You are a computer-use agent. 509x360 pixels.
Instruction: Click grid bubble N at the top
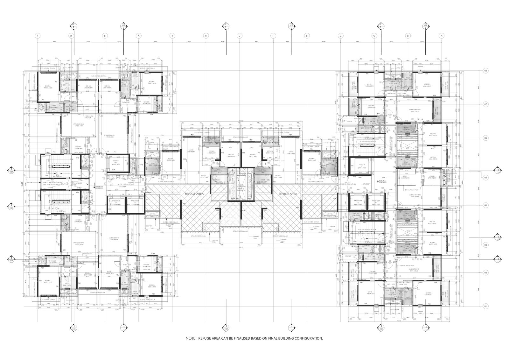click(38, 36)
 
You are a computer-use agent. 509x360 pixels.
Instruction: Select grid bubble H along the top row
click(206, 36)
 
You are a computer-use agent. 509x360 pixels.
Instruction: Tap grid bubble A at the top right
click(441, 36)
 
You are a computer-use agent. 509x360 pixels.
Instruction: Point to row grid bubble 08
click(485, 71)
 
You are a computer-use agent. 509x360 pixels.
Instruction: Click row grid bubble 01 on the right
click(485, 306)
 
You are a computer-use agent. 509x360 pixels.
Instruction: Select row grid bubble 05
click(485, 177)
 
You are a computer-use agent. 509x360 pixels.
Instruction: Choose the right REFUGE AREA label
click(288, 194)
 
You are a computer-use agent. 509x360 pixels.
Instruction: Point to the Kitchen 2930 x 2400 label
click(432, 177)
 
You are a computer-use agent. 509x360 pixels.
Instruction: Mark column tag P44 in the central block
click(243, 153)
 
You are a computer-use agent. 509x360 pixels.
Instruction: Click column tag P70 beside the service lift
click(352, 166)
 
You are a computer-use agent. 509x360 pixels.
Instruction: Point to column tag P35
click(184, 159)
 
